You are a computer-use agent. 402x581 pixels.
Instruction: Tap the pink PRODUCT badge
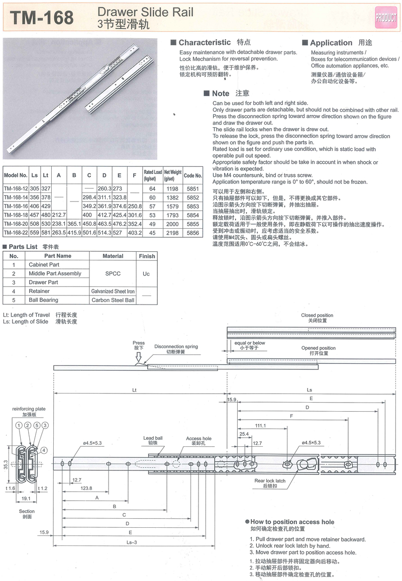click(x=385, y=17)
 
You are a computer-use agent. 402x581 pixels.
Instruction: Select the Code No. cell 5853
click(x=192, y=207)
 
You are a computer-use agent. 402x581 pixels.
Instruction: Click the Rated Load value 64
click(x=153, y=188)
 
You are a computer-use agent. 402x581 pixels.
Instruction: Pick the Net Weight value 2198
click(x=172, y=234)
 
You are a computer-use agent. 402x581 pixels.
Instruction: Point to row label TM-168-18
click(x=16, y=216)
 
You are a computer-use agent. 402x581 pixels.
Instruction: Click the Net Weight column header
click(x=172, y=175)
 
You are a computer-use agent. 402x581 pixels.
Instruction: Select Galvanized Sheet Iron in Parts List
click(x=113, y=291)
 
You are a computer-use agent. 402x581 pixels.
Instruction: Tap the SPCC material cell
click(x=113, y=273)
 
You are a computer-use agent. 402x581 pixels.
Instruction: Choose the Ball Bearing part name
click(x=43, y=300)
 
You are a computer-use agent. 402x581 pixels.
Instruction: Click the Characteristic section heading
click(x=205, y=43)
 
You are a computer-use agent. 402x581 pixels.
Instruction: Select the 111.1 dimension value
click(x=260, y=426)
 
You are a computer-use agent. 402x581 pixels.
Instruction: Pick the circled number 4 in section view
click(x=44, y=450)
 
